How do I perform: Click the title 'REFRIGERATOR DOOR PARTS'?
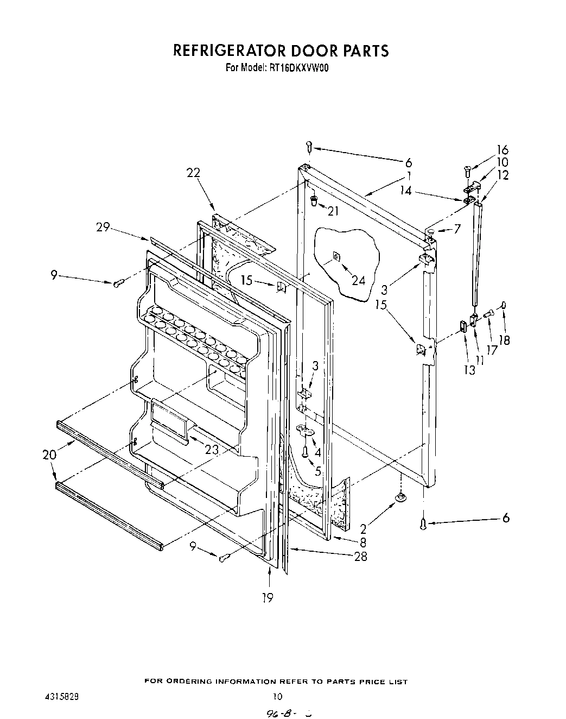[x=281, y=51]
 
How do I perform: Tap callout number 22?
[x=193, y=173]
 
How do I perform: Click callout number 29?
[x=103, y=228]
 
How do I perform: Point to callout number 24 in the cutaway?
[x=358, y=280]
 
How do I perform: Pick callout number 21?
[x=333, y=211]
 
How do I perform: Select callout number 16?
[x=502, y=150]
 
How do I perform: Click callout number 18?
[x=505, y=340]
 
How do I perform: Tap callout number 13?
[x=469, y=370]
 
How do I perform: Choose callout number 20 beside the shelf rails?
[x=49, y=455]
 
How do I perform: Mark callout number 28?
[x=360, y=556]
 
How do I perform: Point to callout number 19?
[x=267, y=598]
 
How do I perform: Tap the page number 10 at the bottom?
[x=277, y=696]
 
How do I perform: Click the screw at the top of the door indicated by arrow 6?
[x=308, y=146]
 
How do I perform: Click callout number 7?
[x=457, y=229]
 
